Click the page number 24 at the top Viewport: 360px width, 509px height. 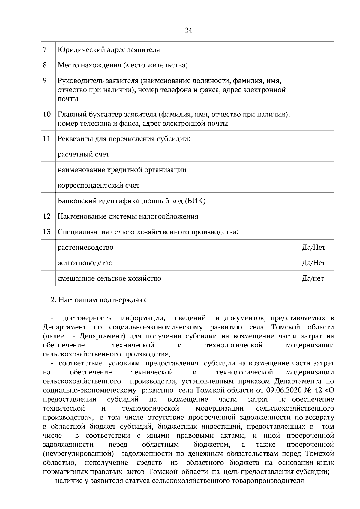click(189, 30)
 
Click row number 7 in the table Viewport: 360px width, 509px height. click(45, 49)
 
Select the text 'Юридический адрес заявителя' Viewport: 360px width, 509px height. click(109, 50)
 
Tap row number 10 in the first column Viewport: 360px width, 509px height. click(47, 114)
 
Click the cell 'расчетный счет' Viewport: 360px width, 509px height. click(83, 154)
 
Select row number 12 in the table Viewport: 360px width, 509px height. click(47, 216)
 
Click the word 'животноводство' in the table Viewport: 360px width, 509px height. click(85, 263)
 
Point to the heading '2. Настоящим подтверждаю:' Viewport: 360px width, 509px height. click(99, 300)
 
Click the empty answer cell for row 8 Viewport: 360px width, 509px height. click(317, 65)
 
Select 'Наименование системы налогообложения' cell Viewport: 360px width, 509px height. click(128, 216)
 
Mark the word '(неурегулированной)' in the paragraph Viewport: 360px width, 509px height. click(79, 453)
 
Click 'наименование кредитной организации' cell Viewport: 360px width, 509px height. click(122, 170)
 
